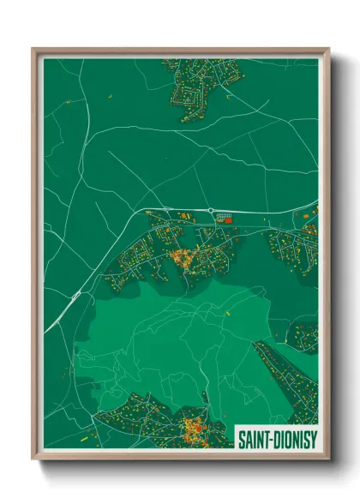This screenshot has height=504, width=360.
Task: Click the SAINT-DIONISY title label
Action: click(x=275, y=437)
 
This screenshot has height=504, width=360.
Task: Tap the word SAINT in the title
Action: click(x=254, y=437)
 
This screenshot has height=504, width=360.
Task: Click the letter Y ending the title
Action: click(x=312, y=437)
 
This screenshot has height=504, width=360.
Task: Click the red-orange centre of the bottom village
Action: click(x=192, y=426)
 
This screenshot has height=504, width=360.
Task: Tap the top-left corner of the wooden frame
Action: click(x=34, y=50)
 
